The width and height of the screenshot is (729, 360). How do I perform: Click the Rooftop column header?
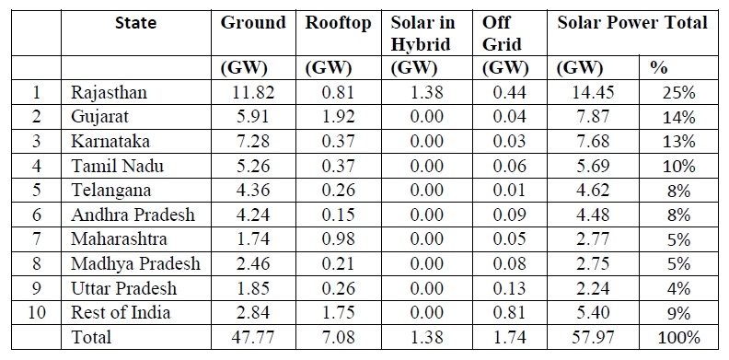(338, 23)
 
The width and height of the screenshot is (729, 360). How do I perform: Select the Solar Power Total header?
(632, 23)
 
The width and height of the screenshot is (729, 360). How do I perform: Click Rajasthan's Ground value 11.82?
(253, 92)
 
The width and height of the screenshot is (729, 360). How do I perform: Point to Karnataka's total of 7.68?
(593, 142)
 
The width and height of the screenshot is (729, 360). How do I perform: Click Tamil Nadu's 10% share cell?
(678, 166)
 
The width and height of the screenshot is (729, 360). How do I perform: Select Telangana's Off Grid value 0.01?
(510, 191)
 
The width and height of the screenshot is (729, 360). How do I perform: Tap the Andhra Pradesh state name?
(133, 215)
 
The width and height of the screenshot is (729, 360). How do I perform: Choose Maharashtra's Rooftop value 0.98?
(338, 239)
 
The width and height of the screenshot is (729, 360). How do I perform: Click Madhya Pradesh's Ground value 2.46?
(253, 263)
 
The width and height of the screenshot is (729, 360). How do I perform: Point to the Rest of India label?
(121, 312)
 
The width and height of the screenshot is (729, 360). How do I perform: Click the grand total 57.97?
(593, 337)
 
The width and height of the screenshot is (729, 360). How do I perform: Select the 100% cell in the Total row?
(678, 337)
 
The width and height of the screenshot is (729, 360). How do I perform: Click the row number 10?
(37, 312)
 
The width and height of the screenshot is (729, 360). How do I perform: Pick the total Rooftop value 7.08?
(338, 337)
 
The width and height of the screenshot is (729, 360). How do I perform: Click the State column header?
(135, 22)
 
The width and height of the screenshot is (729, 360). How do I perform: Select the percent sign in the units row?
(658, 68)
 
